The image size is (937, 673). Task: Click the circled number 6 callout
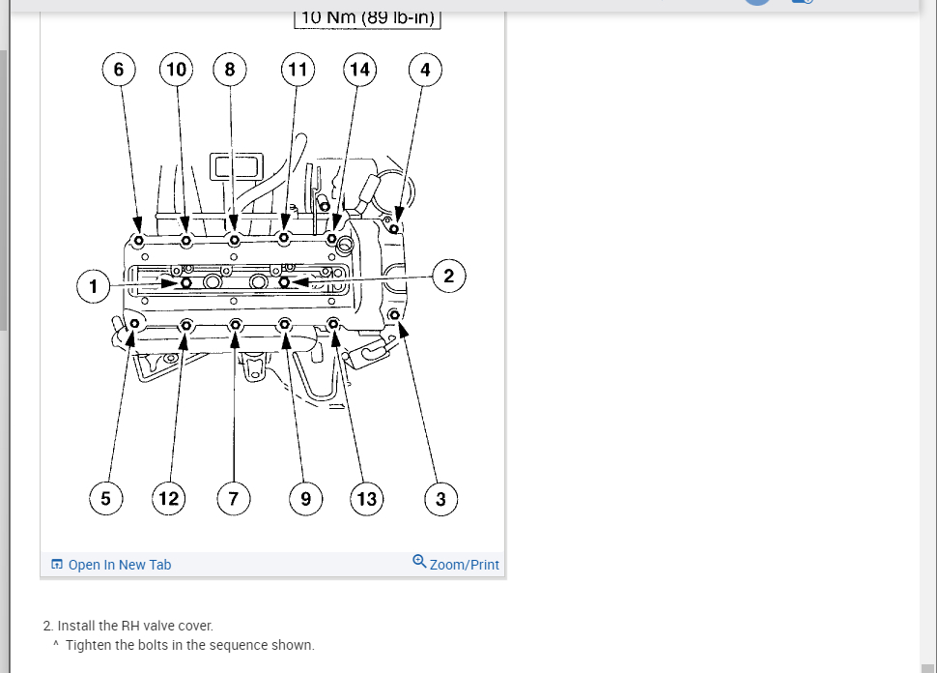click(119, 70)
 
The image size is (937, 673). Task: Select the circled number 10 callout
click(176, 70)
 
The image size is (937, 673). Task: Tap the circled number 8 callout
click(230, 70)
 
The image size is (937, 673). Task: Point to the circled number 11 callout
click(298, 70)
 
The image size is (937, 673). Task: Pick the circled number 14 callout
click(359, 70)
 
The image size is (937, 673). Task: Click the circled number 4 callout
click(425, 70)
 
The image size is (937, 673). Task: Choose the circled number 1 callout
click(94, 286)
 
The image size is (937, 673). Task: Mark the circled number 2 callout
click(448, 276)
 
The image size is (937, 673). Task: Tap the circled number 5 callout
click(106, 499)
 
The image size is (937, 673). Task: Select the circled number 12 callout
click(169, 499)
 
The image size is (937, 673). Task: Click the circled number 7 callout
click(233, 499)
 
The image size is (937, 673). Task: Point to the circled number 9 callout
click(306, 499)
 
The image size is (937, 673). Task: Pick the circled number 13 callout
click(367, 499)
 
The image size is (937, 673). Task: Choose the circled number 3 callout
click(440, 499)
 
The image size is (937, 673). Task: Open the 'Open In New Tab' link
click(119, 565)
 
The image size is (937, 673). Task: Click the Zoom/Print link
click(465, 565)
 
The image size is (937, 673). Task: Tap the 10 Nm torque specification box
click(367, 17)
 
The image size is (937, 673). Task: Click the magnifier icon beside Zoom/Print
click(419, 561)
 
